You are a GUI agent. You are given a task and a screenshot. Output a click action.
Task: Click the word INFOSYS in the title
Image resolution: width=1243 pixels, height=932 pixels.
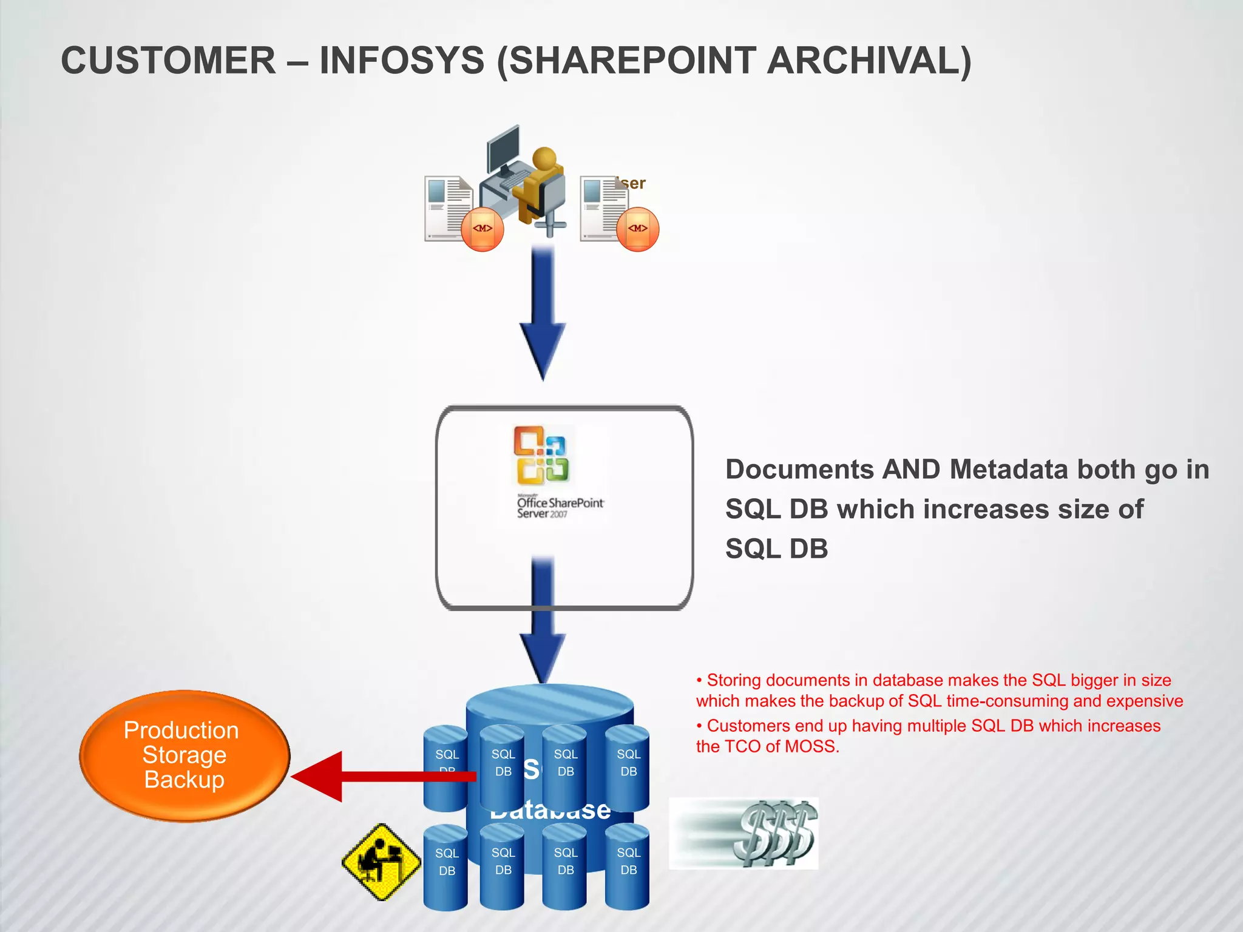pos(402,61)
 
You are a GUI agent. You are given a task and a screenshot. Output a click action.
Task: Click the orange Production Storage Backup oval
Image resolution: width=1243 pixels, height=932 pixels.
pos(184,755)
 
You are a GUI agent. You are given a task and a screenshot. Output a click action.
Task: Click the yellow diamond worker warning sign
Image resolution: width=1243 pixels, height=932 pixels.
pos(381,862)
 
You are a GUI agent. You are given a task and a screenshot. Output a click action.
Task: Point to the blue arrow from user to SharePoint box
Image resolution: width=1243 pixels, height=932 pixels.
pos(543,309)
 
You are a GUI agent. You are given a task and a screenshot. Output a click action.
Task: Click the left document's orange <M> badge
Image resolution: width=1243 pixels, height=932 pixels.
pos(483,229)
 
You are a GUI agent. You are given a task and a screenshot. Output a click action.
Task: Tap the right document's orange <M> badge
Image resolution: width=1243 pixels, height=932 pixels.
pos(637,229)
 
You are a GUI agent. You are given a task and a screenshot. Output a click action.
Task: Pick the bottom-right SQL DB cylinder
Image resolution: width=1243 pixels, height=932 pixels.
pos(628,868)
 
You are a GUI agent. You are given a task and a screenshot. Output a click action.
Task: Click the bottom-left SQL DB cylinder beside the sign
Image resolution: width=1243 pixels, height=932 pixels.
pos(446,868)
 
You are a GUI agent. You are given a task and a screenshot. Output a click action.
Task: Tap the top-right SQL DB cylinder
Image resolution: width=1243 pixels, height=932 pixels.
pos(628,768)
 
